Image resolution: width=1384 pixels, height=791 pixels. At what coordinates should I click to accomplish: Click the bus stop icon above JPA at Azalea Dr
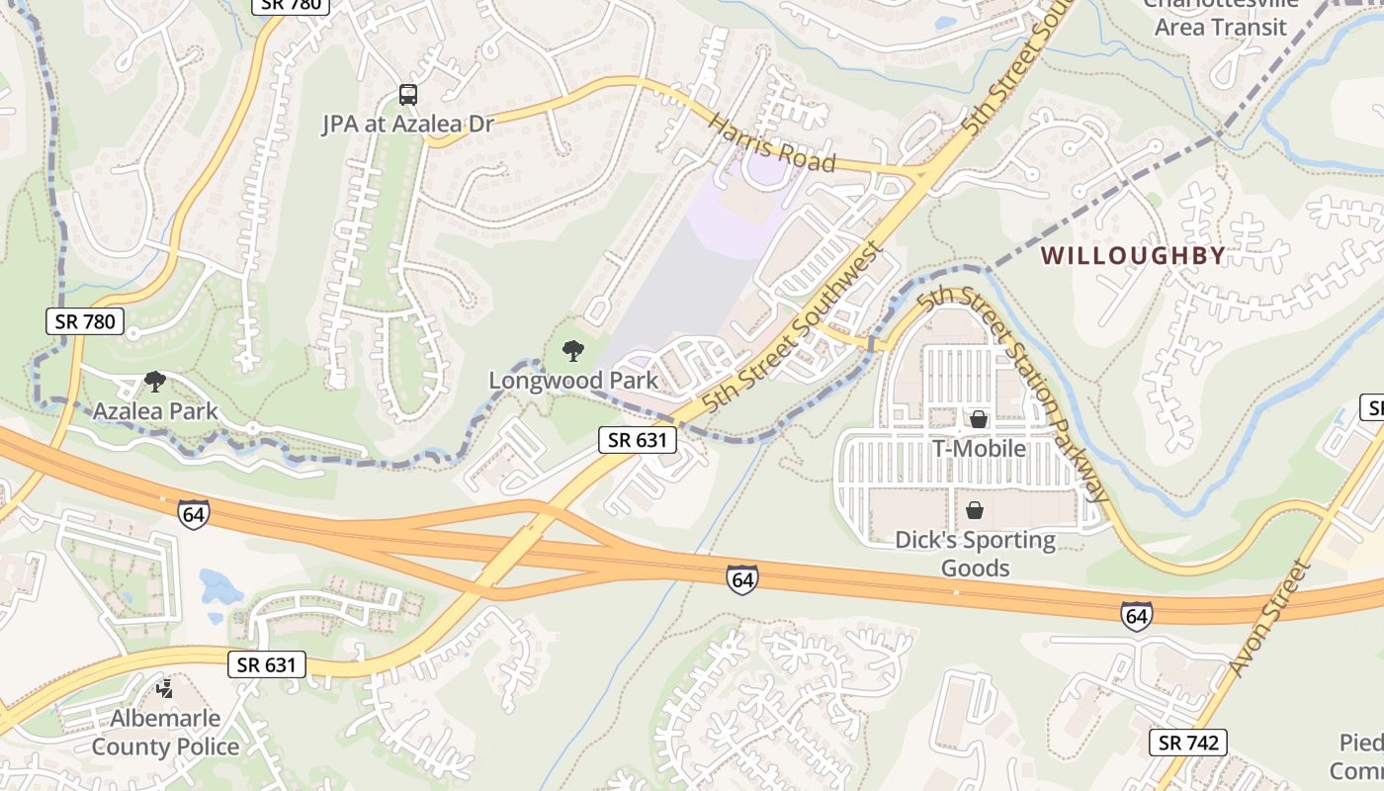pyautogui.click(x=408, y=95)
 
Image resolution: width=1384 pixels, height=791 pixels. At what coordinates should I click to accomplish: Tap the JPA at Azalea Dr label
pyautogui.click(x=408, y=124)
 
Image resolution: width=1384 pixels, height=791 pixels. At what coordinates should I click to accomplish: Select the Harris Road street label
pyautogui.click(x=773, y=142)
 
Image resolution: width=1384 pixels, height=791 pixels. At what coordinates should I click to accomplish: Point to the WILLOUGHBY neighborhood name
pyautogui.click(x=1133, y=255)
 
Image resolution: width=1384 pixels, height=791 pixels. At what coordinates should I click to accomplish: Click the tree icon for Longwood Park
pyautogui.click(x=572, y=351)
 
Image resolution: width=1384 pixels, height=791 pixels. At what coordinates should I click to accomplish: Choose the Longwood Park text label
pyautogui.click(x=573, y=381)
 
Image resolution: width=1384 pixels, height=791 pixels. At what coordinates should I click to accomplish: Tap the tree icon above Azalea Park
pyautogui.click(x=154, y=381)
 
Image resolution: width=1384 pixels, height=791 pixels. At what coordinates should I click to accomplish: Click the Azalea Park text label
pyautogui.click(x=155, y=410)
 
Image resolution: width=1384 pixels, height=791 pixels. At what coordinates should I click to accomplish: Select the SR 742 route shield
pyautogui.click(x=1188, y=743)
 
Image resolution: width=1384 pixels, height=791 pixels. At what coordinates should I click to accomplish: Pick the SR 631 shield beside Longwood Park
pyautogui.click(x=637, y=440)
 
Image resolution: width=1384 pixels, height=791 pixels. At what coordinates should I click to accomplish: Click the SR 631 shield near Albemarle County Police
pyautogui.click(x=267, y=664)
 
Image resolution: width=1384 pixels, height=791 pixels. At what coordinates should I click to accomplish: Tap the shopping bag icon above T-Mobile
pyautogui.click(x=979, y=419)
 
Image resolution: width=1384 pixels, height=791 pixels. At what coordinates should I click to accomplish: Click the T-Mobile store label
pyautogui.click(x=979, y=449)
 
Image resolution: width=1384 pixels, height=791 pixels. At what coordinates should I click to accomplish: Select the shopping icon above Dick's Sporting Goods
pyautogui.click(x=975, y=510)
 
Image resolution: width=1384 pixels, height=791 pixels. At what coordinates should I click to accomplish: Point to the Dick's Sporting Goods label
pyautogui.click(x=975, y=554)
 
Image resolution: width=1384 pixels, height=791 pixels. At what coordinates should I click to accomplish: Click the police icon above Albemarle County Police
pyautogui.click(x=165, y=688)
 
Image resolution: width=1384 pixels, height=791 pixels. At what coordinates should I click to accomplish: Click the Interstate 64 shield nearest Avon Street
pyautogui.click(x=1136, y=615)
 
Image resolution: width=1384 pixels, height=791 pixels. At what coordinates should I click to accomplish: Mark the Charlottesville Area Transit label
pyautogui.click(x=1221, y=17)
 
